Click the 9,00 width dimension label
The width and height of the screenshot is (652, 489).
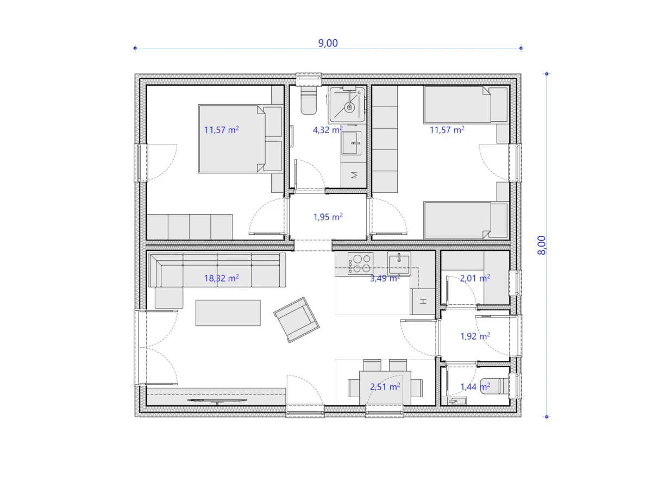click(x=328, y=43)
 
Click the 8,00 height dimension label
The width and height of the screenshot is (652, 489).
click(x=541, y=245)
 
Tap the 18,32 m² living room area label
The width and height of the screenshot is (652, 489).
click(x=221, y=278)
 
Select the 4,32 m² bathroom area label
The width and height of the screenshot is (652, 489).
click(x=328, y=130)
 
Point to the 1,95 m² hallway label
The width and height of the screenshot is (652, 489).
click(x=328, y=217)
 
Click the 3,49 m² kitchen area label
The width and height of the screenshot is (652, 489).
click(x=385, y=278)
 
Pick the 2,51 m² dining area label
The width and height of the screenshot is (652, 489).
click(x=385, y=386)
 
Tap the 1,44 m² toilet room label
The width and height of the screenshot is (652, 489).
click(x=475, y=386)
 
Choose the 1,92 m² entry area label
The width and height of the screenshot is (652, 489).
click(x=475, y=336)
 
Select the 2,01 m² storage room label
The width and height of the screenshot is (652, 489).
click(x=475, y=278)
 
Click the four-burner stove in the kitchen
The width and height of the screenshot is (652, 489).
click(x=360, y=264)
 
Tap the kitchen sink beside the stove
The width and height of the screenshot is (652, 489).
click(x=399, y=264)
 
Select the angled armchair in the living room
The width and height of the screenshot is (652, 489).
click(x=296, y=320)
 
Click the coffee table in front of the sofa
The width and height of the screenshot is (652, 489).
click(x=228, y=312)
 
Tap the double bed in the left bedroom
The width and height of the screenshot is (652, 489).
click(x=240, y=139)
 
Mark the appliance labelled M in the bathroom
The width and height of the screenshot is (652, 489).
click(x=354, y=175)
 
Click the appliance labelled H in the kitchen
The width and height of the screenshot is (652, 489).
click(x=423, y=301)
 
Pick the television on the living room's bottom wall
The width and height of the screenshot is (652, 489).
click(x=217, y=401)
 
